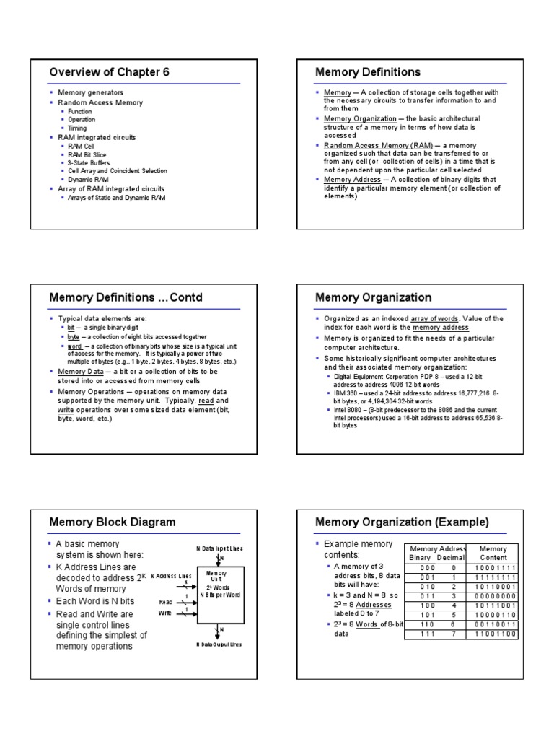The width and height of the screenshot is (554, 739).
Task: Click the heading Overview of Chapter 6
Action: [109, 71]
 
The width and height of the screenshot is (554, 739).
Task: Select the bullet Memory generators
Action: [95, 93]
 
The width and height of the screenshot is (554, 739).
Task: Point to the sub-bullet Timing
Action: [78, 128]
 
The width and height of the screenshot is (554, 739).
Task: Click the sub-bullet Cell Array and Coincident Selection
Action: [118, 171]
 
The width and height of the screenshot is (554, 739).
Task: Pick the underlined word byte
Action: [74, 337]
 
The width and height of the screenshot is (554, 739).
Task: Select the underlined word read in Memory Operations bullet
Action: [206, 400]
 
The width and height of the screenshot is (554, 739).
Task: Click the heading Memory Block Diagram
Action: [112, 522]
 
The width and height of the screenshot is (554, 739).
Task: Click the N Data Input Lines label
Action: [220, 549]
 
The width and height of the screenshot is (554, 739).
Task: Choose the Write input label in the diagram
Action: [165, 612]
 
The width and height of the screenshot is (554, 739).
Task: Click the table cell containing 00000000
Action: [493, 596]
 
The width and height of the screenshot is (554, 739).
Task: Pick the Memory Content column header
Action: [493, 554]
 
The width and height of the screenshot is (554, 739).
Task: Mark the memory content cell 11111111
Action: [493, 577]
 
